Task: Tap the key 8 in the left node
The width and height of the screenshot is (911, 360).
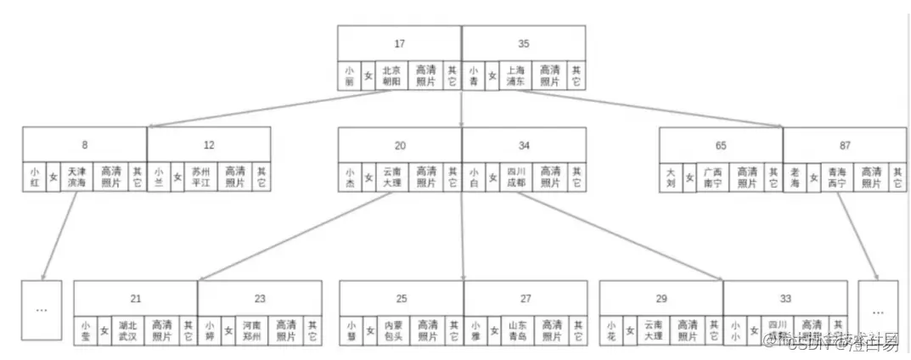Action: tap(84, 144)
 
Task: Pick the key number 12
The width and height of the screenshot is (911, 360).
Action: tap(209, 144)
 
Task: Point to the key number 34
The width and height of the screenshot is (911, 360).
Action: tap(523, 144)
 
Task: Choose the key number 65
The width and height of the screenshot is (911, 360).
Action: tap(721, 144)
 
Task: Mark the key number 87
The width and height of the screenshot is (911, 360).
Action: tap(846, 144)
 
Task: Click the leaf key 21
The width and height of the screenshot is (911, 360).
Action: tap(135, 298)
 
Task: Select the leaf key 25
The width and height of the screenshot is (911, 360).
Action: tap(401, 298)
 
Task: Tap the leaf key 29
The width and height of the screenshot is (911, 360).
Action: tap(661, 298)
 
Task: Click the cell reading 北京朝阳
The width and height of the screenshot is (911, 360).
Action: tap(391, 76)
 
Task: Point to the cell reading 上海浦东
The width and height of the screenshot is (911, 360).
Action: tap(515, 76)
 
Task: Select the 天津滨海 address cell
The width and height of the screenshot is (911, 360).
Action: tap(76, 177)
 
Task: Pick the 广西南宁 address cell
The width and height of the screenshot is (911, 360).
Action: tap(712, 177)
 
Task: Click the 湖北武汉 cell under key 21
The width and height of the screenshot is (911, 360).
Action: tap(128, 330)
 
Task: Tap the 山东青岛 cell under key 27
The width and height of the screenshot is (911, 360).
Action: tap(518, 330)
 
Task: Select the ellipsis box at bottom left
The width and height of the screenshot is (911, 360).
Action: tap(42, 310)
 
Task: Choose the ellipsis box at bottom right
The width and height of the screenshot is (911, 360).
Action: tap(878, 310)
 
